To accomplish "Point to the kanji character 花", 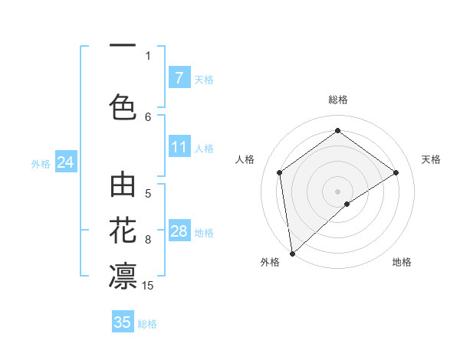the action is click(x=123, y=229).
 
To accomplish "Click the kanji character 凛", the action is click(x=123, y=274).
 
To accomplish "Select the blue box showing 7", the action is click(x=179, y=77).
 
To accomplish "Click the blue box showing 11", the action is click(x=179, y=147).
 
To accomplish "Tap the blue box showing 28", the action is click(x=179, y=231).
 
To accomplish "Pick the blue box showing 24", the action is click(x=66, y=162).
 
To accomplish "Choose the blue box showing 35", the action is click(x=123, y=322).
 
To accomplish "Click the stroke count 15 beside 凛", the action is click(x=148, y=286).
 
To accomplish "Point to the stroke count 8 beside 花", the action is click(x=148, y=240).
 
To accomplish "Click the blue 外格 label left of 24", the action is click(x=41, y=163).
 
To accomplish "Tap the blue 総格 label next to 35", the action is click(x=147, y=323).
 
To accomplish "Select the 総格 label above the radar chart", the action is click(x=337, y=100).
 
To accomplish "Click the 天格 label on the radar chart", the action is click(x=431, y=159).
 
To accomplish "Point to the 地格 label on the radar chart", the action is click(x=402, y=262).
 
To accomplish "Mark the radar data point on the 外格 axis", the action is click(x=291, y=253).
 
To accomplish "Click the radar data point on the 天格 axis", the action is click(x=396, y=172).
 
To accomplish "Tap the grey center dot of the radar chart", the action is click(x=337, y=190).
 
